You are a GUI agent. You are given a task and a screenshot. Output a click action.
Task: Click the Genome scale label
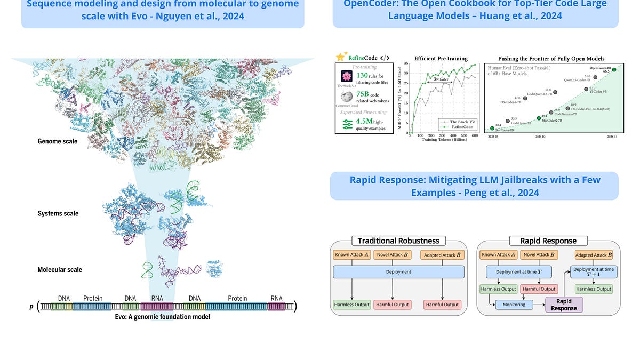click(58, 141)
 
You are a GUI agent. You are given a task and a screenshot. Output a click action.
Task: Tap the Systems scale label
click(58, 213)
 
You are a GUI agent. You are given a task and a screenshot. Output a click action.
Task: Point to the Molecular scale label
click(60, 269)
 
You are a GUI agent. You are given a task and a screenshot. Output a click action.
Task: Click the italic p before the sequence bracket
click(31, 307)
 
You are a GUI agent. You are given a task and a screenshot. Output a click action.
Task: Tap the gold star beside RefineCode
click(340, 57)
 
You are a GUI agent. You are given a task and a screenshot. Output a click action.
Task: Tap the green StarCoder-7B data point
click(492, 128)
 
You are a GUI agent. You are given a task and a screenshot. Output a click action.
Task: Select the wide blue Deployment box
click(398, 271)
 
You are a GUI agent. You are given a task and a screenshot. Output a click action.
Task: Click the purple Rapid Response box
click(563, 305)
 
